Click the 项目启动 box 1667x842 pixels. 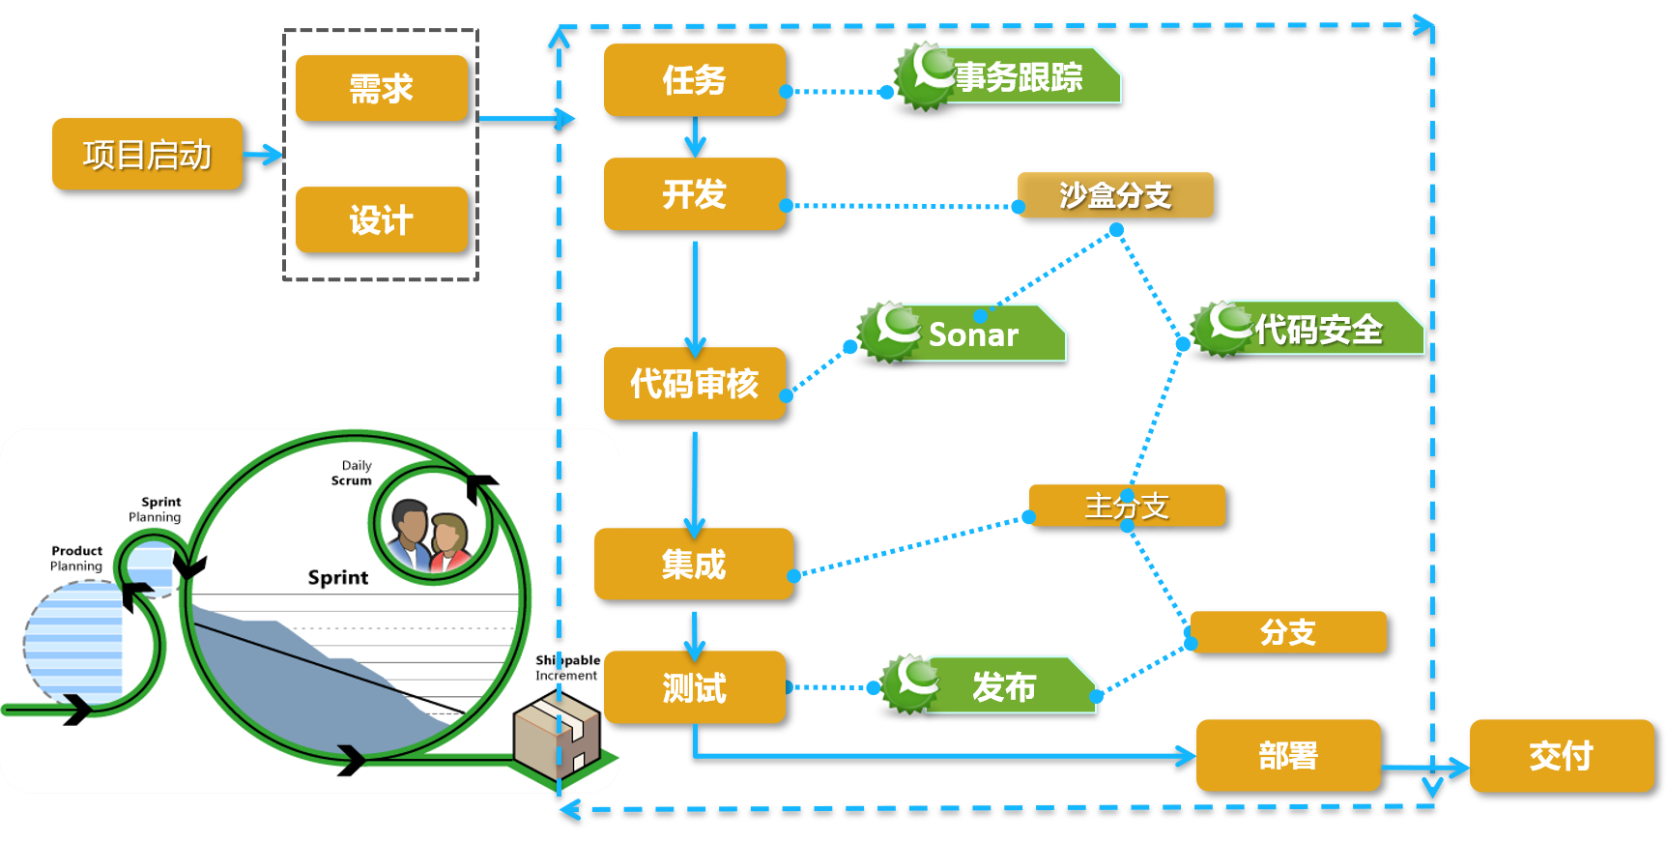point(147,154)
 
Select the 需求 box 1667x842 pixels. point(381,88)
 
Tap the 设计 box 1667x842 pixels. point(381,219)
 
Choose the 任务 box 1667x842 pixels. point(694,79)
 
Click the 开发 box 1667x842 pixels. point(694,193)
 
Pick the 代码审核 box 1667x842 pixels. point(694,383)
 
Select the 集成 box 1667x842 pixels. point(694,564)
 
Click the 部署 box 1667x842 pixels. point(1287,755)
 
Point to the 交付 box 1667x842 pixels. point(1561,755)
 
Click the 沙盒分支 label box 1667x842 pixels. point(1115,195)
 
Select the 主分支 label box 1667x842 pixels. point(1127,506)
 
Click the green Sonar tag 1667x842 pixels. point(971,334)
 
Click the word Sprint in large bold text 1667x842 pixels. point(337,577)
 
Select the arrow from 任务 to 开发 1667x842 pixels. point(695,137)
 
